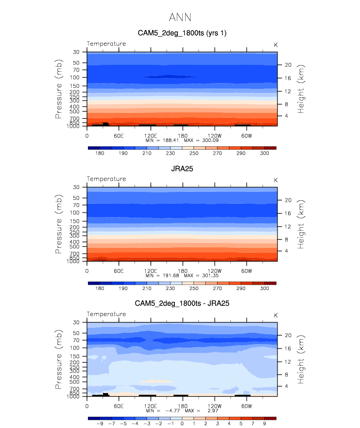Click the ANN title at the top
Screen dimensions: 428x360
(x=180, y=18)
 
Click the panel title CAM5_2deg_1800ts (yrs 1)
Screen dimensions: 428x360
(x=182, y=33)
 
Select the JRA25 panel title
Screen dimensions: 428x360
(x=182, y=168)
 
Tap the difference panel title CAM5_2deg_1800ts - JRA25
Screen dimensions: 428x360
(x=182, y=303)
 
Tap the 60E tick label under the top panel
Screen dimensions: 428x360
(x=118, y=135)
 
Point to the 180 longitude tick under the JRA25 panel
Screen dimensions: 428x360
(x=182, y=270)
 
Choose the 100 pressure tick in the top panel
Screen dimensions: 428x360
(x=76, y=78)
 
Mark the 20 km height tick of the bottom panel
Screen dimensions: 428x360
(x=288, y=335)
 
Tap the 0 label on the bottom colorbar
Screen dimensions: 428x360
(x=182, y=424)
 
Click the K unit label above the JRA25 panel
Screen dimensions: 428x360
(x=276, y=180)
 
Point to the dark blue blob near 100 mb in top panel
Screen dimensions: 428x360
(x=169, y=77)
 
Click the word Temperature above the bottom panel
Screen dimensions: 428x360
(x=107, y=314)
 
